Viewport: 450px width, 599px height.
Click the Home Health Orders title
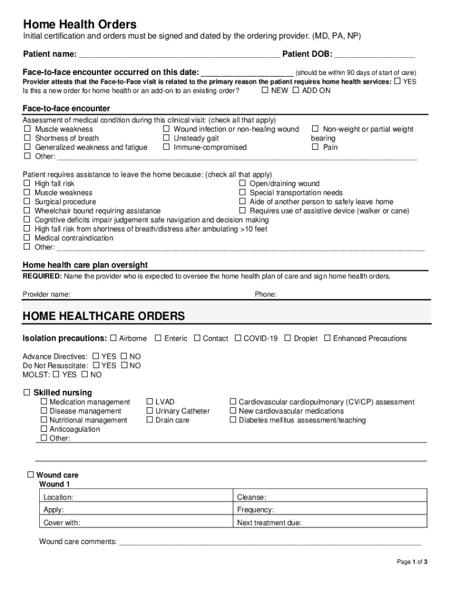click(79, 25)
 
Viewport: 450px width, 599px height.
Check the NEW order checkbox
click(265, 91)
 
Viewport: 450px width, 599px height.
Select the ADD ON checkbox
click(296, 91)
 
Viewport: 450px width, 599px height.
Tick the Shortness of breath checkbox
click(26, 138)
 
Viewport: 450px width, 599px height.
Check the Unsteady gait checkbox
click(166, 138)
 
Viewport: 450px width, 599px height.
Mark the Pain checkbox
click(316, 147)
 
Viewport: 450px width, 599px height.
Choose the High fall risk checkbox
click(26, 184)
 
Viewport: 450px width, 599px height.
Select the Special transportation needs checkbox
click(243, 192)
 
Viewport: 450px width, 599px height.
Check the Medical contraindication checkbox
click(26, 238)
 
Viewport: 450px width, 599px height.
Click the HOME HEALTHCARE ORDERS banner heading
click(103, 316)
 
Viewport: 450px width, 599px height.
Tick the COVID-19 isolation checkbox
click(238, 338)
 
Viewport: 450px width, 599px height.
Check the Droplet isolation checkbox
click(288, 338)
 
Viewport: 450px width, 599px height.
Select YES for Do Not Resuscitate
click(96, 366)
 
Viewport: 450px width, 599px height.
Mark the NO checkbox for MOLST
click(85, 374)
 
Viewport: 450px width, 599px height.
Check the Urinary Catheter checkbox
click(149, 411)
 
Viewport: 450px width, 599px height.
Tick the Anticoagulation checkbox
click(44, 429)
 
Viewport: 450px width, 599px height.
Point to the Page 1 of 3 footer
click(412, 562)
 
